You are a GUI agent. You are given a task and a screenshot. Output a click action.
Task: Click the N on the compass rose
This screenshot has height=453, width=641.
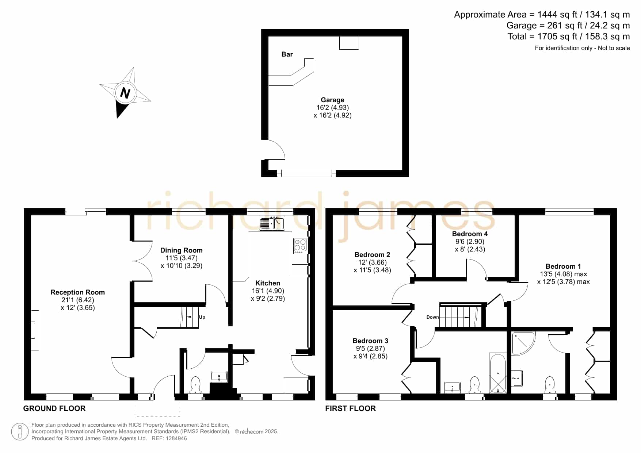(x=125, y=93)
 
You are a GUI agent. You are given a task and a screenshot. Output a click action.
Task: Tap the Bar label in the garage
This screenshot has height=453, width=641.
(x=287, y=54)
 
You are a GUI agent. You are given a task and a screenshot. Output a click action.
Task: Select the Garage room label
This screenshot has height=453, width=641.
(x=332, y=100)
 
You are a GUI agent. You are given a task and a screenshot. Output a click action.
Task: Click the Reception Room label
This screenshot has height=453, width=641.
(x=78, y=292)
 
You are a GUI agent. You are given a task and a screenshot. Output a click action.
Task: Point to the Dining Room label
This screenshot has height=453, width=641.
(x=182, y=250)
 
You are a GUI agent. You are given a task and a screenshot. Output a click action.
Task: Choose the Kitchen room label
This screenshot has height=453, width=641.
(x=268, y=283)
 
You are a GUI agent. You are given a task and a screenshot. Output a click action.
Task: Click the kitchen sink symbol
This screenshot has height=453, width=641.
(x=272, y=223)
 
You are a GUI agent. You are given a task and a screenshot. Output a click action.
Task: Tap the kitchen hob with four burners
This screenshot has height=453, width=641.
(x=300, y=246)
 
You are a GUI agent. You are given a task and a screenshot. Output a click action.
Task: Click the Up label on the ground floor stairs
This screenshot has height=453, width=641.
(x=202, y=317)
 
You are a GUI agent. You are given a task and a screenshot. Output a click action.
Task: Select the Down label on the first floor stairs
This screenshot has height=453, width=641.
(x=432, y=317)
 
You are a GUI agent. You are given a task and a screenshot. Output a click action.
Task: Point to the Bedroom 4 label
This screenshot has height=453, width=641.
(x=470, y=234)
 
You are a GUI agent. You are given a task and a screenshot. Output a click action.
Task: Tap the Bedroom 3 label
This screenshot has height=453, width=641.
(x=370, y=341)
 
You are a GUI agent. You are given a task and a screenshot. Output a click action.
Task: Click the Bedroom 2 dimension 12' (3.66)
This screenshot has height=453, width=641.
(x=372, y=262)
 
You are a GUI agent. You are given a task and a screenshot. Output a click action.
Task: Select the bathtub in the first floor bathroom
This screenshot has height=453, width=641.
(x=498, y=373)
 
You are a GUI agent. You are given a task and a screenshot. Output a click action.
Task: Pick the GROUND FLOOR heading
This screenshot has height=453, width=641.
(x=54, y=408)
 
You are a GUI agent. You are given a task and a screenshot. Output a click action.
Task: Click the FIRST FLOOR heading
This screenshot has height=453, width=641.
(x=351, y=408)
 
